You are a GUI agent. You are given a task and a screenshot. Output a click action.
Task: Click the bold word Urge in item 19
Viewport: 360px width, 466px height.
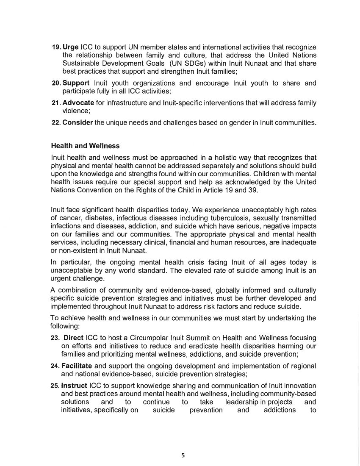[71, 47]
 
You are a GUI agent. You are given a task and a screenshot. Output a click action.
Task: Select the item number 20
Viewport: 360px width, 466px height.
[56, 83]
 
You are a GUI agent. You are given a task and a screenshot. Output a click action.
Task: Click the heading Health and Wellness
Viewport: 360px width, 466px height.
[85, 146]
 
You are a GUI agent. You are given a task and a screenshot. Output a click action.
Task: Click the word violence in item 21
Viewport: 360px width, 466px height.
[77, 111]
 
